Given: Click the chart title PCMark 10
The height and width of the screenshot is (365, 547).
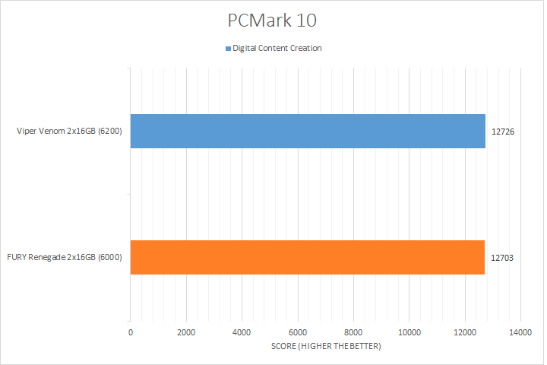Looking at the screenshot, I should pyautogui.click(x=273, y=18).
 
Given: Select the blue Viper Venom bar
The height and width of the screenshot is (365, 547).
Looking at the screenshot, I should pyautogui.click(x=308, y=131).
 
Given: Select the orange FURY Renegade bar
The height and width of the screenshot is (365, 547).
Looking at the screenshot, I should pyautogui.click(x=308, y=257).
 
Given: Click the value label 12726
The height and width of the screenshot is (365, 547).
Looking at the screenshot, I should pyautogui.click(x=503, y=131).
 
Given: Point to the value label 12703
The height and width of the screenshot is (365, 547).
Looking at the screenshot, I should pyautogui.click(x=503, y=257).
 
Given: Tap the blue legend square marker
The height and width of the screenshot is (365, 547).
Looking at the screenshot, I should pyautogui.click(x=227, y=49).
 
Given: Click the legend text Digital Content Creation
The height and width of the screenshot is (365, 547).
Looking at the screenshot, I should pyautogui.click(x=277, y=49).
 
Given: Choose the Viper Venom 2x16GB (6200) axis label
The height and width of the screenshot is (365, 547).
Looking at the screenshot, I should pyautogui.click(x=70, y=131).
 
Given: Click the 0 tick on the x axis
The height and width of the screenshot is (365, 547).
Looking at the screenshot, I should pyautogui.click(x=131, y=332).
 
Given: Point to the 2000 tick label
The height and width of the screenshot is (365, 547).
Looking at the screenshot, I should pyautogui.click(x=186, y=332).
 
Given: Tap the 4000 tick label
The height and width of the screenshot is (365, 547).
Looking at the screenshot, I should pyautogui.click(x=242, y=332).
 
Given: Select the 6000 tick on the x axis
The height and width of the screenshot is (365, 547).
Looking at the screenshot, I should pyautogui.click(x=298, y=332).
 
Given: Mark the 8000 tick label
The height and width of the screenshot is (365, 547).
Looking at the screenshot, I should pyautogui.click(x=353, y=332).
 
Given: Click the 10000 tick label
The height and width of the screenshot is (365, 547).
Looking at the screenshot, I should pyautogui.click(x=409, y=332).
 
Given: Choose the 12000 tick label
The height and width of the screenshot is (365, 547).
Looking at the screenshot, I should pyautogui.click(x=464, y=332).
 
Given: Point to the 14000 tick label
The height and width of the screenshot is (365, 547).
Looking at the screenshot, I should pyautogui.click(x=520, y=332).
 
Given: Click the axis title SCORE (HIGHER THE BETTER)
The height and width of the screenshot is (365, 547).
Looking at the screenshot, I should pyautogui.click(x=325, y=347).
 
